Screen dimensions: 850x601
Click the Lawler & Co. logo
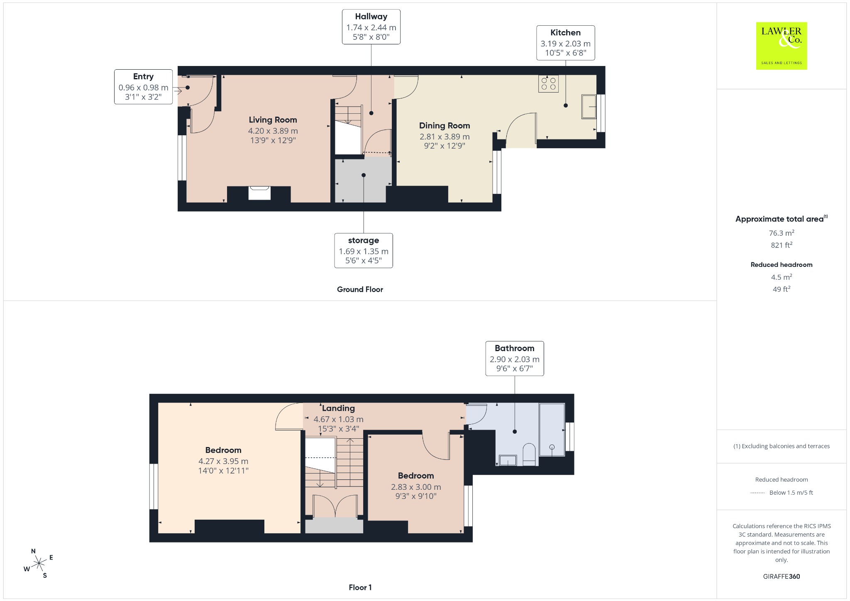click(x=781, y=46)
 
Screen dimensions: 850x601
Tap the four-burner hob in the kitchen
click(x=548, y=83)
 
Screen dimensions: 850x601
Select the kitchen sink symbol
click(x=589, y=107)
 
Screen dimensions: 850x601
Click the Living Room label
click(x=273, y=120)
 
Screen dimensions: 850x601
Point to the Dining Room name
click(x=445, y=126)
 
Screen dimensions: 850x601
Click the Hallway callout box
click(x=371, y=27)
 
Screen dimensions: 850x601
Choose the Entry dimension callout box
click(x=143, y=87)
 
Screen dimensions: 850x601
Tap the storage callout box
click(x=364, y=250)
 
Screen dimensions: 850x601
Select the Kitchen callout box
click(x=565, y=43)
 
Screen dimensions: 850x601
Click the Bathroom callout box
click(x=515, y=359)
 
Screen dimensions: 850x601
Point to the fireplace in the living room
click(x=259, y=193)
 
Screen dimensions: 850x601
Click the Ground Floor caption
click(x=360, y=289)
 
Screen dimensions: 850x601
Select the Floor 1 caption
click(x=360, y=587)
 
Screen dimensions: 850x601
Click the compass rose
click(x=39, y=563)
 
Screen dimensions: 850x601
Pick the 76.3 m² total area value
click(x=782, y=233)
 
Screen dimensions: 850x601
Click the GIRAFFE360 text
click(x=782, y=576)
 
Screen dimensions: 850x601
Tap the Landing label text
click(x=338, y=408)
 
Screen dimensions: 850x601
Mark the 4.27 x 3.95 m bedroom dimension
click(x=223, y=461)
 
